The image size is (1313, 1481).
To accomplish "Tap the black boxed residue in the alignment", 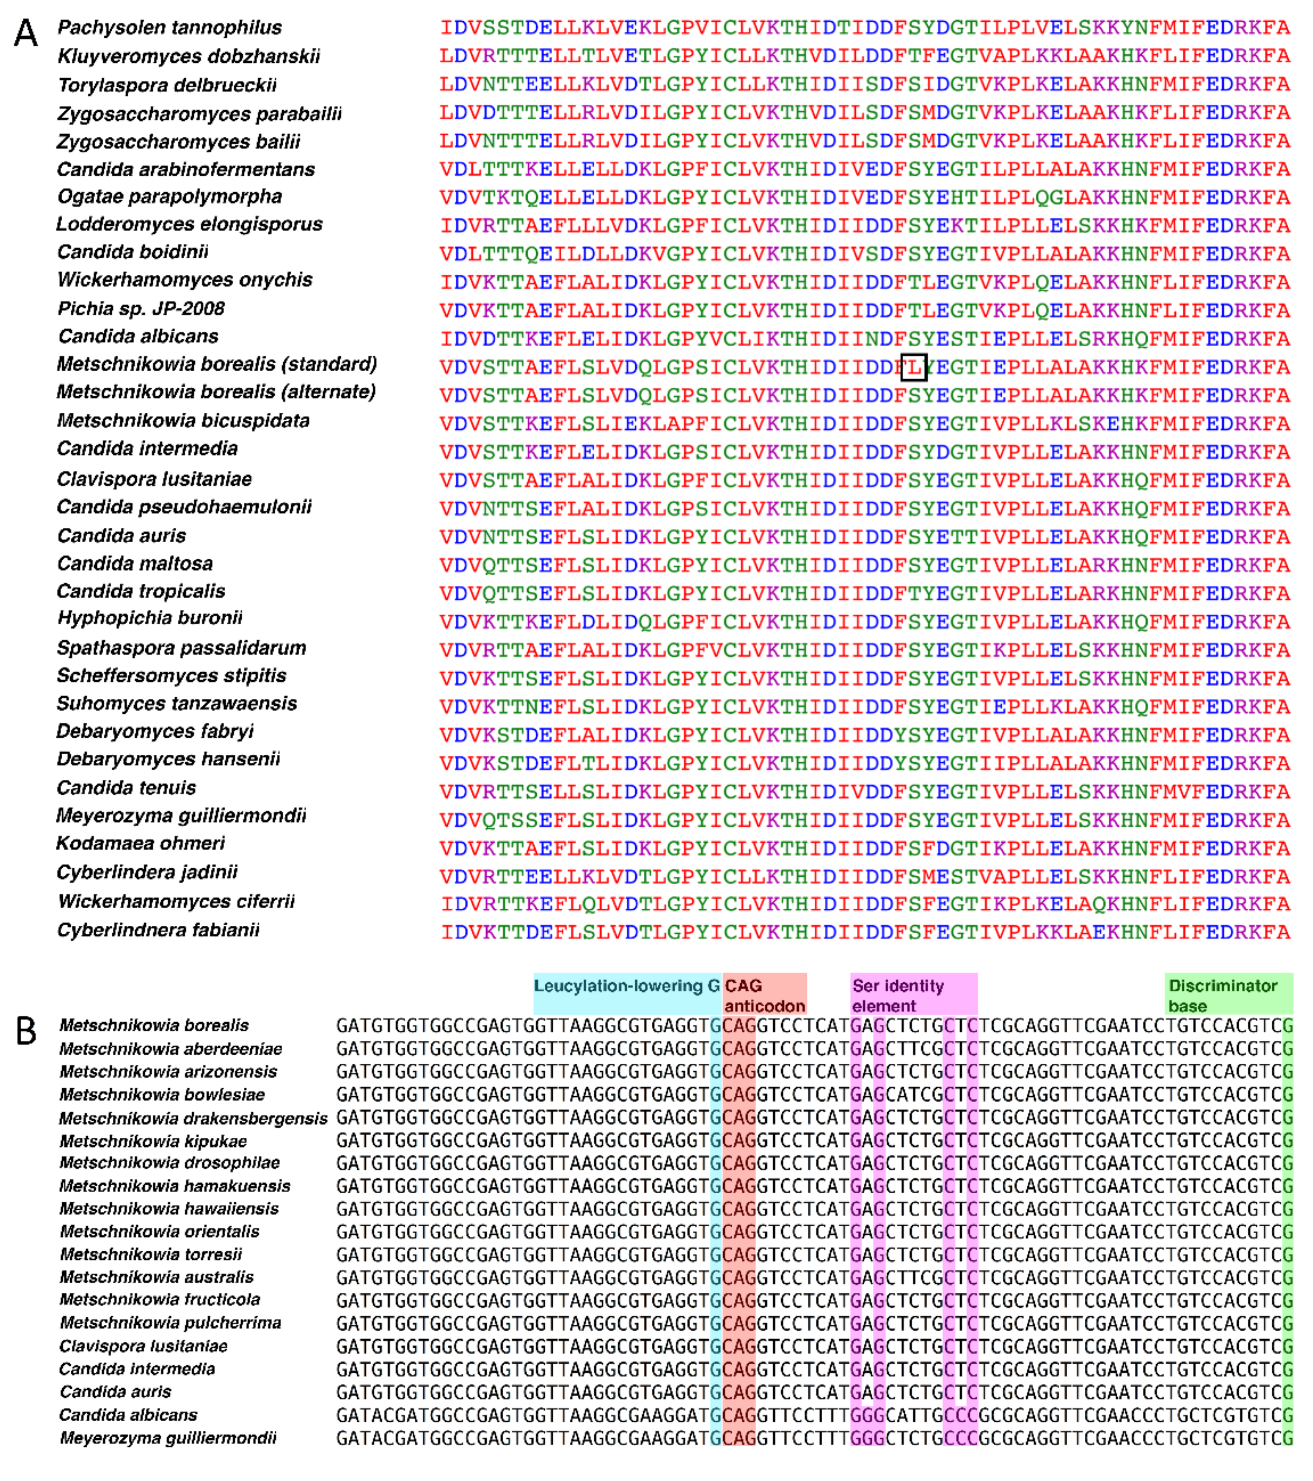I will (913, 368).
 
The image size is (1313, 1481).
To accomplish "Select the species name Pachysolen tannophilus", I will (169, 28).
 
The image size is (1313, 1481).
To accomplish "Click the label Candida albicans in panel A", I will (138, 336).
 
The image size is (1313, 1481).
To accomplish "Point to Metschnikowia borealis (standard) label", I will (217, 364).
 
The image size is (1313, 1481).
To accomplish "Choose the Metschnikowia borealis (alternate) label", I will (216, 392).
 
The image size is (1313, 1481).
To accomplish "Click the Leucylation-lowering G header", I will (627, 986).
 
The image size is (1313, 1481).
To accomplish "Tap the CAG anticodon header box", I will (764, 995).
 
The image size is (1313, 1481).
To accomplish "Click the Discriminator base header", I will (1228, 995).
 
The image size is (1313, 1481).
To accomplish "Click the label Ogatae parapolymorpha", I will (169, 197).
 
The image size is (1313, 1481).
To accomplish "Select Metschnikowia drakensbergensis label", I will (194, 1118).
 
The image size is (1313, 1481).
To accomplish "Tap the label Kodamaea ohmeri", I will (140, 843).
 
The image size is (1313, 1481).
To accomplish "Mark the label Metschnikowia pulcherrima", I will (170, 1323).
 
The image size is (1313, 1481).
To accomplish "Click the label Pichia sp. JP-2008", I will (141, 309).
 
